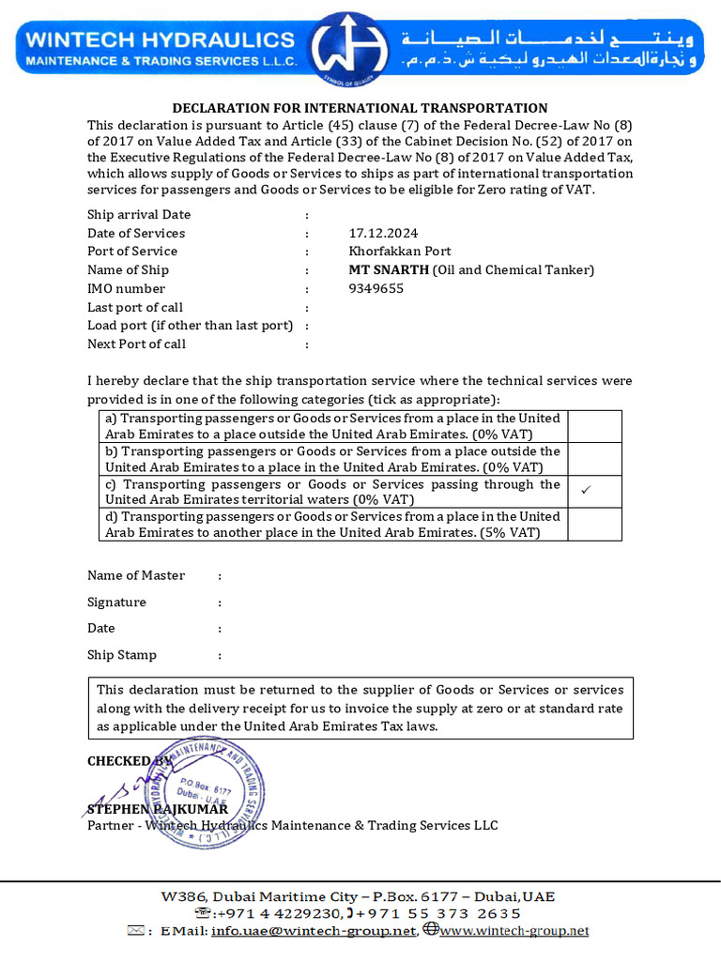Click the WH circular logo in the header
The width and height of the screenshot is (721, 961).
[350, 47]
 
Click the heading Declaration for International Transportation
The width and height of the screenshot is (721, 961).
[360, 109]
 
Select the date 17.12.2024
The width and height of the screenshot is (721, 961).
[383, 233]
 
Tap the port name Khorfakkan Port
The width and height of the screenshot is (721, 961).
[399, 252]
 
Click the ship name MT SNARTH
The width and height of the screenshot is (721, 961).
[389, 270]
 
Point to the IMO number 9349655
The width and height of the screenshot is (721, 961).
[376, 289]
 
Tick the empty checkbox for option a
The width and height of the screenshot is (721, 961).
[594, 426]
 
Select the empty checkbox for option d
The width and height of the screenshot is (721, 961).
[594, 525]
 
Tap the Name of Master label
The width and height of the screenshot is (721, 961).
[136, 575]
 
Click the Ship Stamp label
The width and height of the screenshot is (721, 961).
[122, 655]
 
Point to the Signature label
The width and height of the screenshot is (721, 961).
[116, 603]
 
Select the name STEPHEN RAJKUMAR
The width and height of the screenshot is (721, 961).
[157, 809]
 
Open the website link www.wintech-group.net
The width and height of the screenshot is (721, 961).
[514, 931]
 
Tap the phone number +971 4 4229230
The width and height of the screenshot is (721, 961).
[278, 913]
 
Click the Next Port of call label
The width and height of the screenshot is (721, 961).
[136, 343]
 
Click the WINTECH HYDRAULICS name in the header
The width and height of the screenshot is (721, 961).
[160, 39]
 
